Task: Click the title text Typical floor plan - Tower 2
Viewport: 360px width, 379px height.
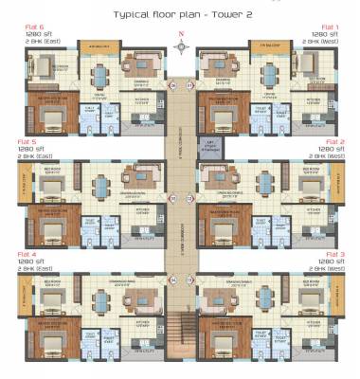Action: tap(179, 15)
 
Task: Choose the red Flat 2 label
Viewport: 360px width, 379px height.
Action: tap(331, 141)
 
